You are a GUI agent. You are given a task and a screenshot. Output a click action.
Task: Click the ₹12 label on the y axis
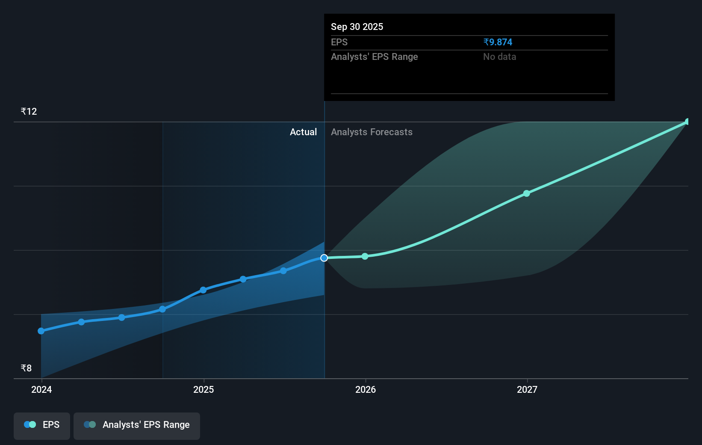[x=29, y=112]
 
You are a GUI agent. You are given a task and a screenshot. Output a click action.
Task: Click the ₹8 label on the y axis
[x=27, y=368]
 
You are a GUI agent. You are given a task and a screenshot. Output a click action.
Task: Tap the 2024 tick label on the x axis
[x=41, y=389]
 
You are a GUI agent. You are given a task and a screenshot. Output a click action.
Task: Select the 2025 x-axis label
[x=204, y=389]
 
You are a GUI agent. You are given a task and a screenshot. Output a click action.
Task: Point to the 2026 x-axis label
[x=366, y=389]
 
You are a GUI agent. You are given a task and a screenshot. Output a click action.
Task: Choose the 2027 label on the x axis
[x=527, y=389]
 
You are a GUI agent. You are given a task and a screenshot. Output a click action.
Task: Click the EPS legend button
[x=42, y=425]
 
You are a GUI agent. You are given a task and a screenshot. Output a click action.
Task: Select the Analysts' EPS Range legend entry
[x=137, y=425]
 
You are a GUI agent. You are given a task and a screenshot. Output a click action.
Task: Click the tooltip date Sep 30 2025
[x=357, y=27]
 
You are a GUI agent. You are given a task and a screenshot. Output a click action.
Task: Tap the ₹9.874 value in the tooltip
[x=498, y=42]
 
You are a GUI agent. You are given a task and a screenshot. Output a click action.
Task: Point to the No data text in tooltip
[x=499, y=57]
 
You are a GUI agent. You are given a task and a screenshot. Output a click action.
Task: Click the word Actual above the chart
[x=303, y=132]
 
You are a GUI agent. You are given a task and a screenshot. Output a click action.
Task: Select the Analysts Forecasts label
[x=372, y=132]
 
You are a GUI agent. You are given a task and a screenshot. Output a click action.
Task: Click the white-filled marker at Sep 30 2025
[x=324, y=258]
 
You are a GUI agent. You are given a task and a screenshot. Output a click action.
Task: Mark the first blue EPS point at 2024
[x=41, y=331]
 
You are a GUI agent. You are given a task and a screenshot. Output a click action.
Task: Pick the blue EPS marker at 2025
[x=203, y=290]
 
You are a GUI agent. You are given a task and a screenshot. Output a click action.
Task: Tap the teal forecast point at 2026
[x=365, y=256]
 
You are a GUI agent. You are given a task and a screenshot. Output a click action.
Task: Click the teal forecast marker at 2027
[x=527, y=193]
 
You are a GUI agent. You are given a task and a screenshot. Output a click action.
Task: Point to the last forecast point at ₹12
[x=687, y=122]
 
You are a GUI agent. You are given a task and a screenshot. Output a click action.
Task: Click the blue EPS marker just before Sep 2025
[x=283, y=271]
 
